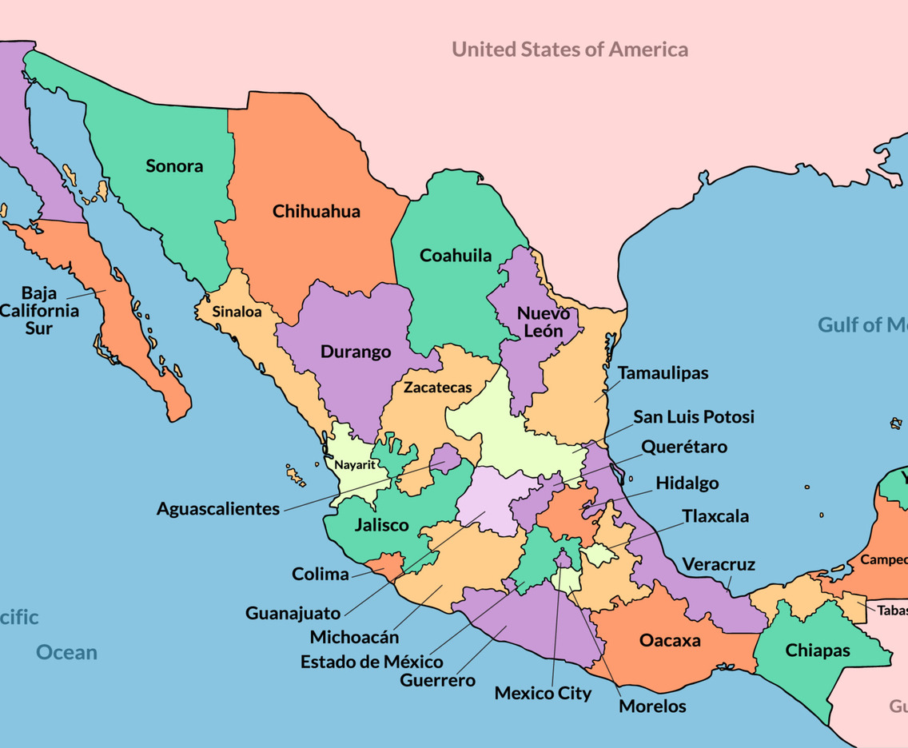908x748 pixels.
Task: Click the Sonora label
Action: point(174,166)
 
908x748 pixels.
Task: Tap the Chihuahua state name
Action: point(317,212)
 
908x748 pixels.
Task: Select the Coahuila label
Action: point(456,256)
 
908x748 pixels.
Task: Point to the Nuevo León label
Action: point(544,322)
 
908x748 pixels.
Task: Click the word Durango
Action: point(356,352)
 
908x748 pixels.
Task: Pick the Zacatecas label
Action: point(437,388)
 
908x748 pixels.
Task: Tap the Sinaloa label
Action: point(237,312)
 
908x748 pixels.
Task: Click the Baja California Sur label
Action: point(39,310)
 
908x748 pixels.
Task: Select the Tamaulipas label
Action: point(663,373)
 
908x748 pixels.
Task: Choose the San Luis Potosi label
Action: point(694,417)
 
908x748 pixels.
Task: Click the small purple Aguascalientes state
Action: point(446,460)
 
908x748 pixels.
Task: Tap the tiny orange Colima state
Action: point(391,564)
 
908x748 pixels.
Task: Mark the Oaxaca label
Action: point(670,641)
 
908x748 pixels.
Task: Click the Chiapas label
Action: point(818,651)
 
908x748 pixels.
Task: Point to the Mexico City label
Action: point(543,693)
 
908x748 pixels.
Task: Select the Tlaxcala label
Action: point(715,516)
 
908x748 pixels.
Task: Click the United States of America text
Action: point(570,50)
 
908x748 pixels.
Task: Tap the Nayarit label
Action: point(355,464)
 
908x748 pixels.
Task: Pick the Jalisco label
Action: point(381,526)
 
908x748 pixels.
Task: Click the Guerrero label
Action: point(437,681)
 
